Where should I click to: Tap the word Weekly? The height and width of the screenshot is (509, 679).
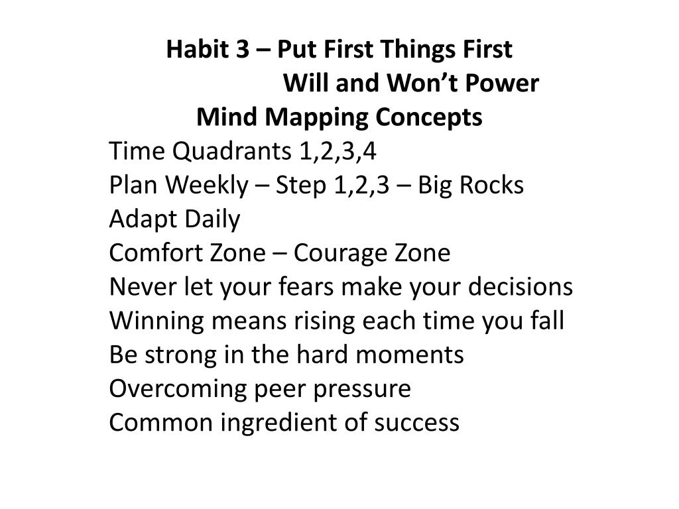[x=205, y=186]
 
